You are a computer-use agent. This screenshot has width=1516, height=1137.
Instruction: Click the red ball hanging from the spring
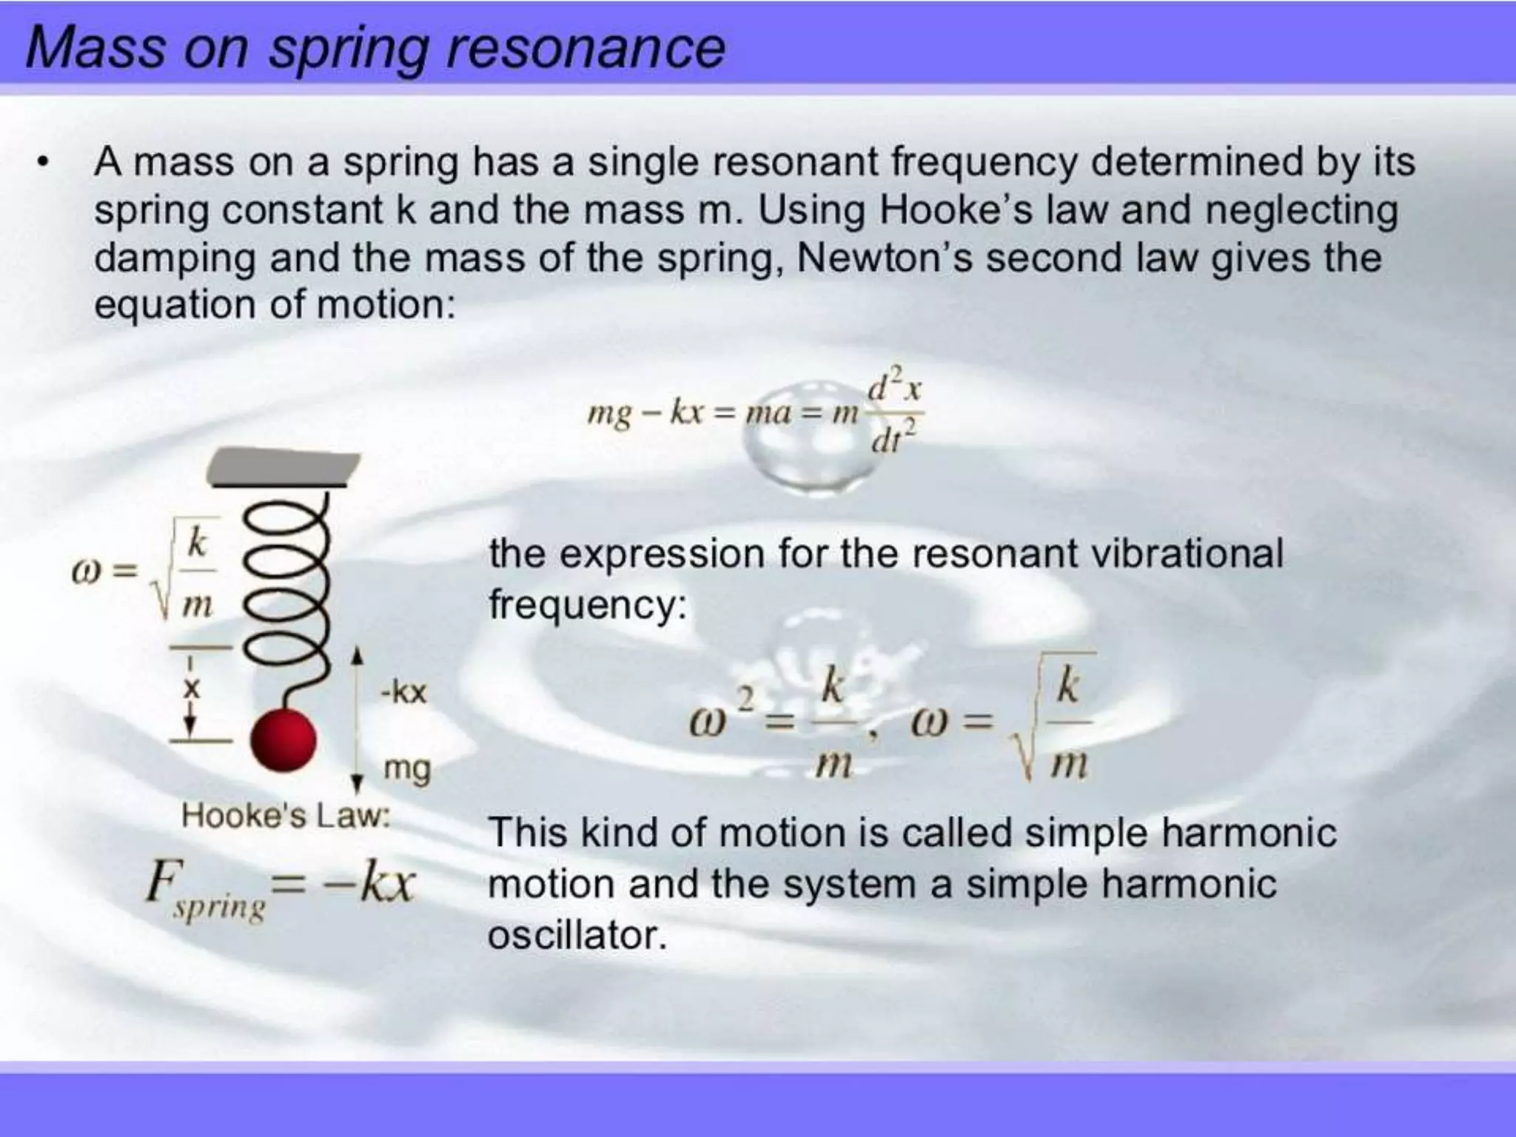(284, 739)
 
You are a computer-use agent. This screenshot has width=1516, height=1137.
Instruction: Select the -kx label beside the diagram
(403, 693)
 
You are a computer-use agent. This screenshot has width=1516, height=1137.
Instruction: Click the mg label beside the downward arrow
(406, 770)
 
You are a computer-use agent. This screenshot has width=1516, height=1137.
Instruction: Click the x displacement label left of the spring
(191, 689)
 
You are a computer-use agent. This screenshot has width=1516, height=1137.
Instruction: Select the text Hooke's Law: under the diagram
(285, 816)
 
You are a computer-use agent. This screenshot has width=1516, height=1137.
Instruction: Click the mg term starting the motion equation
(609, 413)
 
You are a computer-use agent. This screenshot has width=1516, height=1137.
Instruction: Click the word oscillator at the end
(577, 935)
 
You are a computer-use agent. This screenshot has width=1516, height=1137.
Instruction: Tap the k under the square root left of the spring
(197, 543)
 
